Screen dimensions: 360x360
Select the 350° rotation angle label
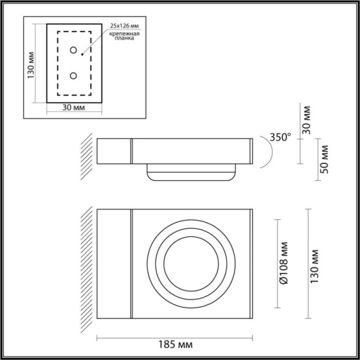(x=280, y=138)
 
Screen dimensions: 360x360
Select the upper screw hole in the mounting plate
(x=73, y=50)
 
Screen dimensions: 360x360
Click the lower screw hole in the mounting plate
(x=73, y=76)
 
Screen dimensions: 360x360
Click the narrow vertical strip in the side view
(x=131, y=151)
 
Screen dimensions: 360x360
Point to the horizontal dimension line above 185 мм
(x=174, y=335)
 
